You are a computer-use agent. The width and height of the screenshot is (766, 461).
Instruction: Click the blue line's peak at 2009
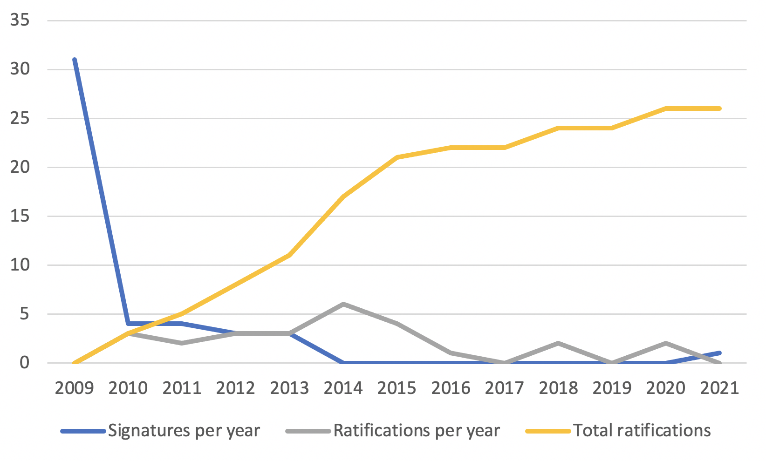(75, 60)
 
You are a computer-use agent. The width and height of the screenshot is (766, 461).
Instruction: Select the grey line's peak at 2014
(343, 304)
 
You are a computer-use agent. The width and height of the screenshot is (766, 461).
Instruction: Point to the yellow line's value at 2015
(397, 157)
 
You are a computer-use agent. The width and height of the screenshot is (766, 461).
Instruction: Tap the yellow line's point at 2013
(290, 255)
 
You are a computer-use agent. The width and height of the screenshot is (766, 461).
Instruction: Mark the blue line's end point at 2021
(720, 353)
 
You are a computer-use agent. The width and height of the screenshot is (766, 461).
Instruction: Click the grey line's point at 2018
(558, 343)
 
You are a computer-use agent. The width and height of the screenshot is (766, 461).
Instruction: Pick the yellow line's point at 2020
(666, 108)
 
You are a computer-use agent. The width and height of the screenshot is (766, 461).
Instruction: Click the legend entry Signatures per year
(184, 431)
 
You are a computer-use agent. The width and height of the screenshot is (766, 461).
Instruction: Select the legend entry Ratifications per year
(417, 431)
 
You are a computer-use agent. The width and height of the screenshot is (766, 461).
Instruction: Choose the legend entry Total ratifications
(642, 431)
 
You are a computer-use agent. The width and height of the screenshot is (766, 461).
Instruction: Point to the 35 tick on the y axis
(20, 20)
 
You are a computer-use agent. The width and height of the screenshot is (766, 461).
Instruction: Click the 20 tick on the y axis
(20, 167)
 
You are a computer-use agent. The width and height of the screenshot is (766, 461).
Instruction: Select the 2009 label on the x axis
(75, 388)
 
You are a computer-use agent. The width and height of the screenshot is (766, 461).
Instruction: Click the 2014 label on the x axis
(343, 388)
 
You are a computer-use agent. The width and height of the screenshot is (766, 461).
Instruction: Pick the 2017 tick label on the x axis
(505, 388)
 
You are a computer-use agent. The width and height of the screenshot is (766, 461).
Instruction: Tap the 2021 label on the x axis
(720, 388)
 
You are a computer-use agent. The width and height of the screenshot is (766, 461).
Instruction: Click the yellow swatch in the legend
(548, 431)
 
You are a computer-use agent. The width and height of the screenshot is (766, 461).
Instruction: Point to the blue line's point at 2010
(129, 324)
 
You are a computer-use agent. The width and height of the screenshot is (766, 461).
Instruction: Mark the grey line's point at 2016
(451, 353)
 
